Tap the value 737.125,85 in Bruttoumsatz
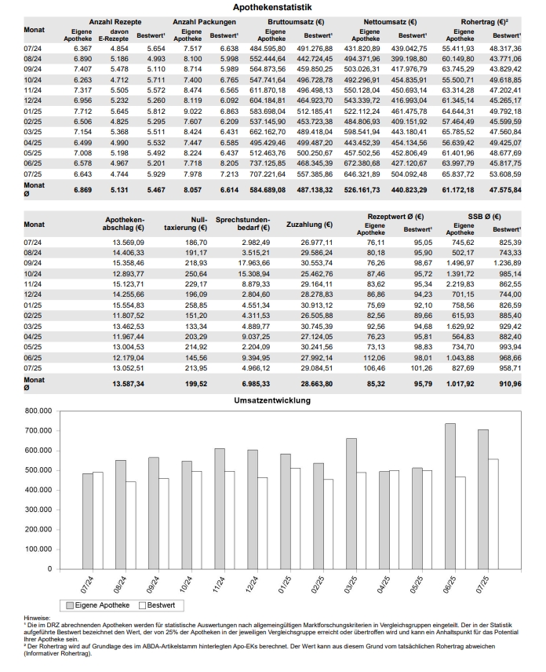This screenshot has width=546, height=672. point(268,161)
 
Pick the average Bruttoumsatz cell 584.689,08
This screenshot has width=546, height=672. point(268,188)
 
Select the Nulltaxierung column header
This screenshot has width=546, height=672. point(190,225)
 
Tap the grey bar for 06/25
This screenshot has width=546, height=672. point(450,495)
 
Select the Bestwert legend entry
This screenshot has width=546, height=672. point(156,605)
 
